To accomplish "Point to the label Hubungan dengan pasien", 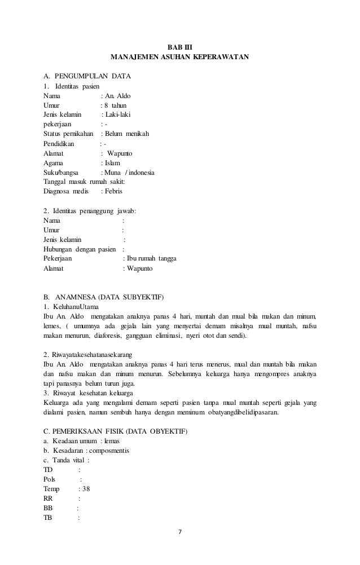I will point(80,249).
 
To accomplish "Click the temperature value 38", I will point(86,489).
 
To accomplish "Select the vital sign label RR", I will point(48,498).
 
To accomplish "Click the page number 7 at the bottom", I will point(180,532).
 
